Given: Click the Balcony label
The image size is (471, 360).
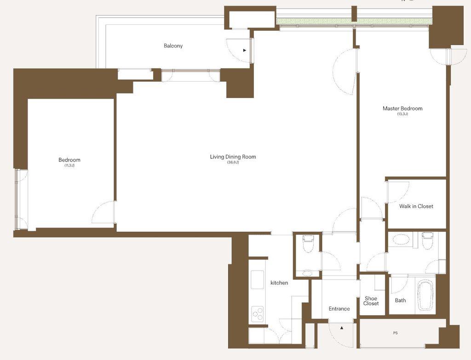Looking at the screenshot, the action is (x=173, y=46).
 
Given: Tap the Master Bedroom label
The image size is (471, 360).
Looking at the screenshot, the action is (x=402, y=108).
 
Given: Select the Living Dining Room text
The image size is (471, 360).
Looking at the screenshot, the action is (x=233, y=157).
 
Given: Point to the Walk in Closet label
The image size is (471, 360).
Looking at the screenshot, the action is (x=416, y=206).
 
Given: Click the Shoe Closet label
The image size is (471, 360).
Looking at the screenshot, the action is (x=371, y=301).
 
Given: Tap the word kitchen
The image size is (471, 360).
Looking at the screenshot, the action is (x=279, y=283).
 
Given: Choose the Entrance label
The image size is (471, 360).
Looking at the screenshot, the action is (x=339, y=308).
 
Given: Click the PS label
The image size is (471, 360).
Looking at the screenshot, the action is (x=395, y=333).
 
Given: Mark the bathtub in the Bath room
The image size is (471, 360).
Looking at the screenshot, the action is (x=425, y=295).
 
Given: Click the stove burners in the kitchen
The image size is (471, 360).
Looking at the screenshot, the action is (x=258, y=314).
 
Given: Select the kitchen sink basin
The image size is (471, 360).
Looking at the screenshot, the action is (x=257, y=279).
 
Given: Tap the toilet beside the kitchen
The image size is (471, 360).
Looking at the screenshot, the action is (x=308, y=244).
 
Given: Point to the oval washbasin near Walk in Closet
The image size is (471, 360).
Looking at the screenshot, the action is (x=401, y=240).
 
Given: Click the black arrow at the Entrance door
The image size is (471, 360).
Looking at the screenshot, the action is (x=342, y=328).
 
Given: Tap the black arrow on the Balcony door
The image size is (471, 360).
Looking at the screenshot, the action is (x=245, y=50).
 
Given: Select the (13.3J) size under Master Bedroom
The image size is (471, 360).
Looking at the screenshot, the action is (x=402, y=114).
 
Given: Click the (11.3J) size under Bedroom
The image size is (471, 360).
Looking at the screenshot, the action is (x=69, y=165).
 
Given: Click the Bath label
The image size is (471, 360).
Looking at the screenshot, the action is (x=401, y=300).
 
